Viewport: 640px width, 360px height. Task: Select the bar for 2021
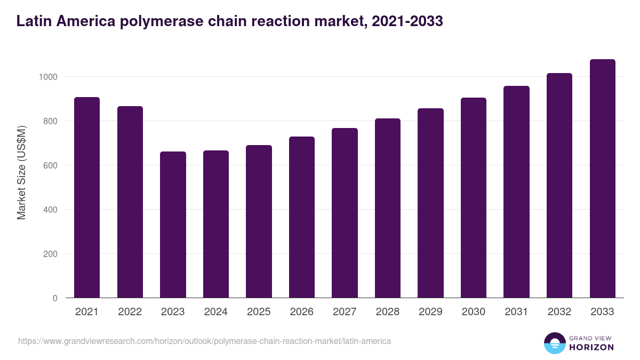point(87,197)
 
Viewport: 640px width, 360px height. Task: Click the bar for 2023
point(173,225)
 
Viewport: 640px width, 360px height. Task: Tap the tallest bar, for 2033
point(602,179)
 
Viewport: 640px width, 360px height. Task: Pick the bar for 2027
point(345,213)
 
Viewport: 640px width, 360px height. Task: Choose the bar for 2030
point(473,198)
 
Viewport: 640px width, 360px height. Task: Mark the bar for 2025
point(259,221)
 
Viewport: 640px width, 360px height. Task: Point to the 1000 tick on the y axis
point(48,77)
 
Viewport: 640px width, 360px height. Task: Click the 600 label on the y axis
point(50,165)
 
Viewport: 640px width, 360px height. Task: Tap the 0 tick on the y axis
point(55,298)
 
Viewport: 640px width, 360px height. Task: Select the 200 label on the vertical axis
point(50,254)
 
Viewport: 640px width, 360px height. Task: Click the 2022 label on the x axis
point(130,312)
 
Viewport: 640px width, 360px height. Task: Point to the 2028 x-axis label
point(387,312)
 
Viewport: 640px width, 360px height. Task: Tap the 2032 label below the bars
point(559,312)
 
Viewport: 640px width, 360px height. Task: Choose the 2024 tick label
point(215,312)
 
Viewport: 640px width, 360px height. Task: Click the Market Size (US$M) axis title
point(21,172)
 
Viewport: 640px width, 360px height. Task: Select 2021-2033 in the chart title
point(406,21)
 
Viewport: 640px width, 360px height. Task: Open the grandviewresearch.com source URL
point(204,341)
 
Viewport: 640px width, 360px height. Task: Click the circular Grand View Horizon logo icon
point(554,343)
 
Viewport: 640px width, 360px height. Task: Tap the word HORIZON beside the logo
point(591,347)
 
